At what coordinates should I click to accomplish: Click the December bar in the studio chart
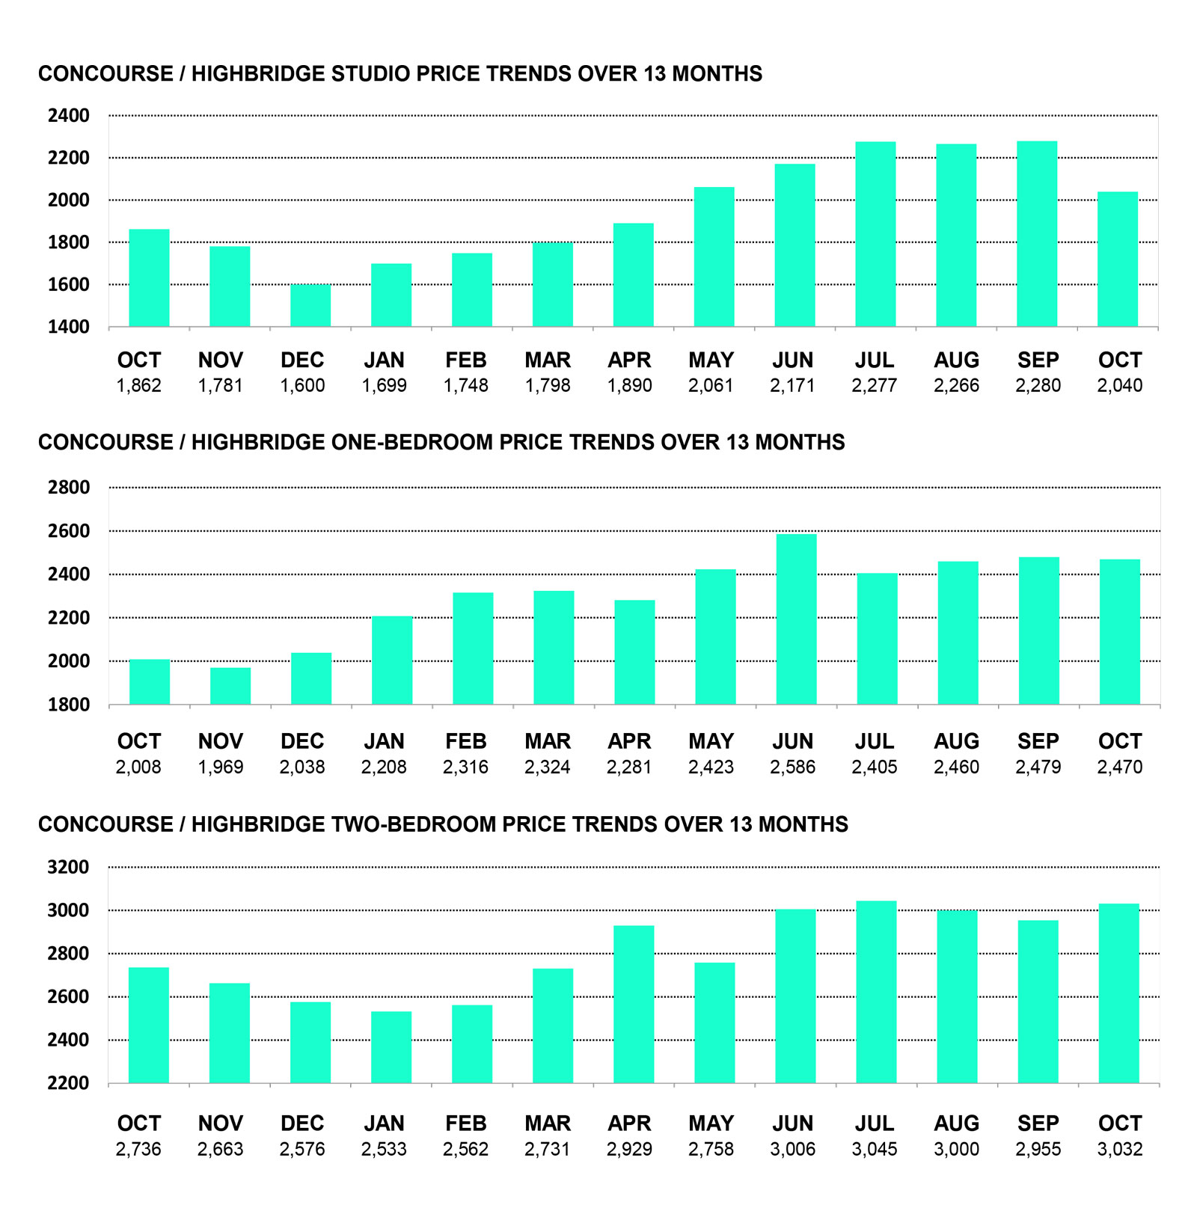pyautogui.click(x=310, y=305)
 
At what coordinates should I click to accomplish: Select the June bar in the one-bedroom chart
pyautogui.click(x=796, y=619)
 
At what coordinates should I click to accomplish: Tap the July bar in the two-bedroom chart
pyautogui.click(x=876, y=992)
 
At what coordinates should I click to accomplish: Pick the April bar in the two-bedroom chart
pyautogui.click(x=634, y=1004)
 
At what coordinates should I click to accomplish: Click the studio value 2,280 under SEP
pyautogui.click(x=1038, y=386)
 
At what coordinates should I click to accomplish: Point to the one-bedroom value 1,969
pyautogui.click(x=221, y=767)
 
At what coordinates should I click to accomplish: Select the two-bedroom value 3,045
pyautogui.click(x=875, y=1149)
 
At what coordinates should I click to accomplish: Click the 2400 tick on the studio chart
pyautogui.click(x=68, y=116)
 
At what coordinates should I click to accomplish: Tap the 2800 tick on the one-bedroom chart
pyautogui.click(x=68, y=488)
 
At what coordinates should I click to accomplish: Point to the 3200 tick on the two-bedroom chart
pyautogui.click(x=68, y=868)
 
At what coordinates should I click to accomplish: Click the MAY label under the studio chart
pyautogui.click(x=711, y=361)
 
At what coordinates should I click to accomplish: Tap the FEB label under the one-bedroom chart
pyautogui.click(x=465, y=742)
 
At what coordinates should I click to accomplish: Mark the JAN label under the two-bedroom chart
pyautogui.click(x=384, y=1123)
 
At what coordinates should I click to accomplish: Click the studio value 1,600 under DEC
pyautogui.click(x=302, y=386)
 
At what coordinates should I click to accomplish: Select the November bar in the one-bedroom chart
pyautogui.click(x=230, y=686)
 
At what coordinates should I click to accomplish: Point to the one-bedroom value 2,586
pyautogui.click(x=792, y=767)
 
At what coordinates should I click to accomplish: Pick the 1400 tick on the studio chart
pyautogui.click(x=68, y=327)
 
